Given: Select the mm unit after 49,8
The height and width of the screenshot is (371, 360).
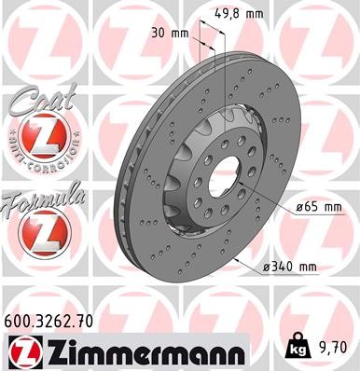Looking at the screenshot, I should point(253,12).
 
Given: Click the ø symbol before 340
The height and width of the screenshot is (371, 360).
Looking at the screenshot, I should point(266,267).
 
